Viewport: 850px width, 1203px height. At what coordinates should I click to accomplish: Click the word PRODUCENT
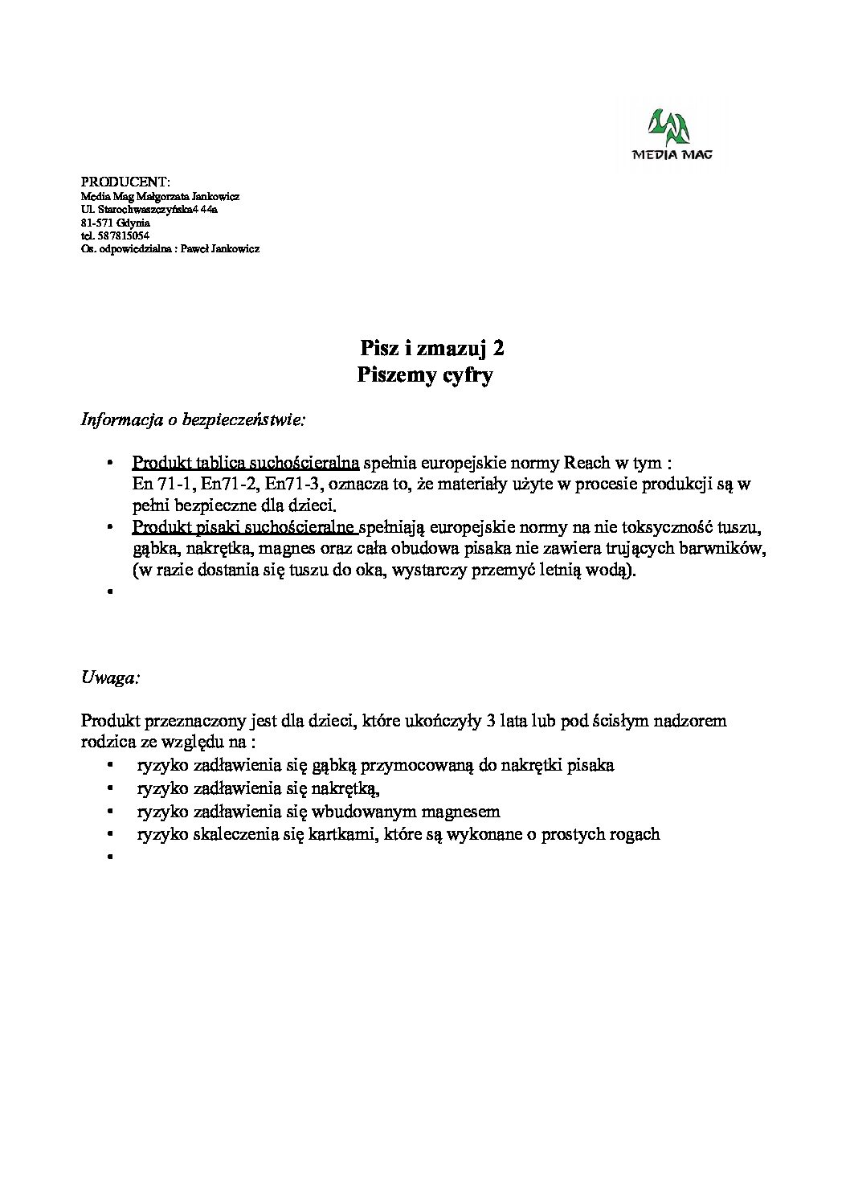pyautogui.click(x=125, y=182)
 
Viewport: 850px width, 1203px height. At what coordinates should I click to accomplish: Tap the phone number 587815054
pyautogui.click(x=122, y=235)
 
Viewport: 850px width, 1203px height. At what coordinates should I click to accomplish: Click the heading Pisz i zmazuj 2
pyautogui.click(x=432, y=348)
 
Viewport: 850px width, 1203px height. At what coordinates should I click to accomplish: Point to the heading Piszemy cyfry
pyautogui.click(x=424, y=374)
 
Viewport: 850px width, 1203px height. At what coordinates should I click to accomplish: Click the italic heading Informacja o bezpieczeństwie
pyautogui.click(x=193, y=419)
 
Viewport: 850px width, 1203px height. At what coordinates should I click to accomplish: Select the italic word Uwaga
pyautogui.click(x=110, y=677)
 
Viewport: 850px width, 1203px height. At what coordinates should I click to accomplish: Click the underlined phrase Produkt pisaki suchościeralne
pyautogui.click(x=244, y=528)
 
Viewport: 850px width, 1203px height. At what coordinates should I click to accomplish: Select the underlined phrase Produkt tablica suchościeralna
pyautogui.click(x=245, y=463)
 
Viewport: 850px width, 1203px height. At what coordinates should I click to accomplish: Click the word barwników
pyautogui.click(x=728, y=549)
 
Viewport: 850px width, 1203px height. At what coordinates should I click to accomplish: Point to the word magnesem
pyautogui.click(x=460, y=812)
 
